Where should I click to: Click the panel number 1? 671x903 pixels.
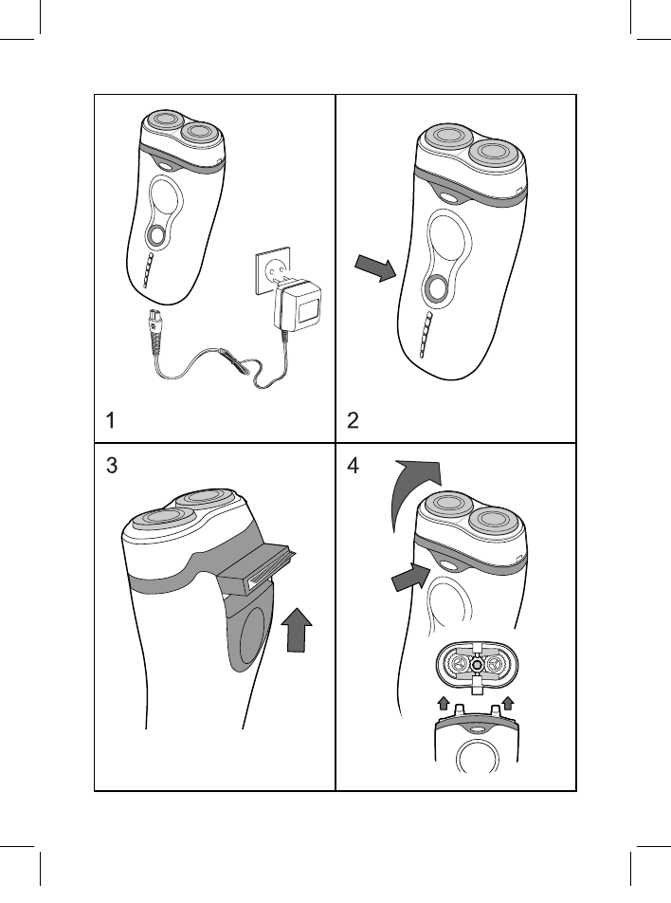[x=111, y=420]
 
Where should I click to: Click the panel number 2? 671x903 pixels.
[x=353, y=420]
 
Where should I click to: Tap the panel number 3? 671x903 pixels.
[x=112, y=466]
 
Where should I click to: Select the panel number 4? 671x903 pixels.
[x=353, y=466]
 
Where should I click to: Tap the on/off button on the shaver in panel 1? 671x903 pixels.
[x=155, y=234]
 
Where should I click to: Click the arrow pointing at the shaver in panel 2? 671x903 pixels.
[x=374, y=267]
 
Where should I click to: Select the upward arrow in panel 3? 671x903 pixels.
[x=297, y=630]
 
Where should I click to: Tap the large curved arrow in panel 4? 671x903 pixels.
[x=412, y=489]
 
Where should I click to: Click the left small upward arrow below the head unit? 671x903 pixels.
[x=443, y=703]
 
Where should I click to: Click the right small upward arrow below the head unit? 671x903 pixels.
[x=507, y=703]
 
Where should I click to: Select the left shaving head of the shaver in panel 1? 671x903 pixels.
[x=164, y=120]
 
